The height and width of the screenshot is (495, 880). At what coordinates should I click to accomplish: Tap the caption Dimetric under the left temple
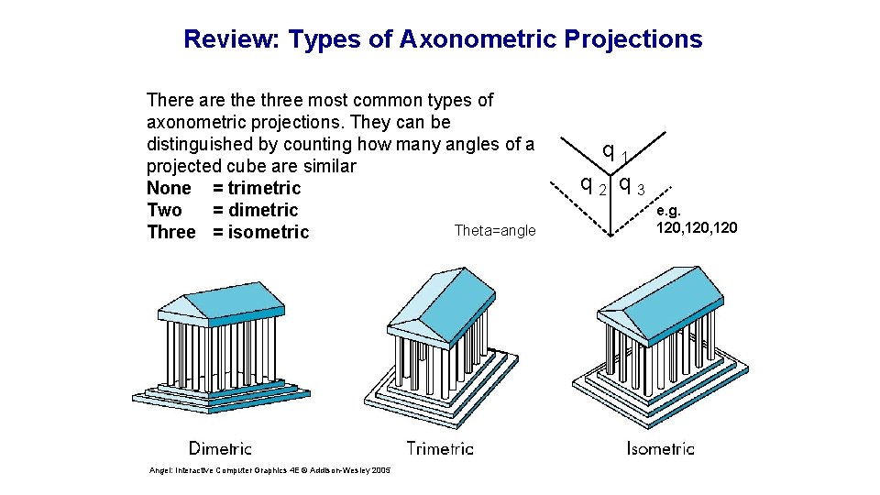(x=220, y=448)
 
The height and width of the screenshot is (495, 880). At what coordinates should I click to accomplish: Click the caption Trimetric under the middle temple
(x=440, y=448)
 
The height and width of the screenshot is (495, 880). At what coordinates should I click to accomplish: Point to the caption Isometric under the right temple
(x=660, y=448)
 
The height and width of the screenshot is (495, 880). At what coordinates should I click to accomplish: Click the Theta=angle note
(x=495, y=231)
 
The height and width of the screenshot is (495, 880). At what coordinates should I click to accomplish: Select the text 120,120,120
(x=697, y=226)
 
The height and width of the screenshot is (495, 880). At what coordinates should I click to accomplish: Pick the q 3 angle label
(x=632, y=185)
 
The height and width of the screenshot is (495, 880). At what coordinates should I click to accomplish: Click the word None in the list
(x=169, y=188)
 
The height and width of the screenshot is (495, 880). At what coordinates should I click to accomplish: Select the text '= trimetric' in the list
(x=257, y=188)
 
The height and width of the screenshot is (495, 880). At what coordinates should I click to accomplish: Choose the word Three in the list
(x=171, y=232)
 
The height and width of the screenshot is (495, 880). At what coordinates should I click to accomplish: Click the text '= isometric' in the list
(x=261, y=232)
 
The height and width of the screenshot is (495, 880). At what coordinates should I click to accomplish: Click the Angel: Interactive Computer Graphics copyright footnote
(x=269, y=470)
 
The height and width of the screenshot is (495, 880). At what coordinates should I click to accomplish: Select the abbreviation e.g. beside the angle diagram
(x=669, y=210)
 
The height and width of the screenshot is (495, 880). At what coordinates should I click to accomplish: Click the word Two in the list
(x=165, y=210)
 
